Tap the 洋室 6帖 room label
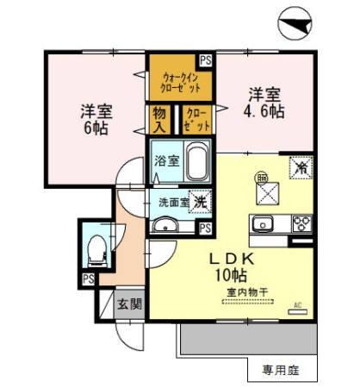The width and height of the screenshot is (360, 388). pyautogui.click(x=95, y=118)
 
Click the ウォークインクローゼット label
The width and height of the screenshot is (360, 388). pyautogui.click(x=181, y=84)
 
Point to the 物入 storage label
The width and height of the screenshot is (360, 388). pyautogui.click(x=160, y=119)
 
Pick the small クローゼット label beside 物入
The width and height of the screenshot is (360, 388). pyautogui.click(x=196, y=119)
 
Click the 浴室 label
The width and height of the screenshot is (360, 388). pyautogui.click(x=166, y=161)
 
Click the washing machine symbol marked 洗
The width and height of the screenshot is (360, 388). pyautogui.click(x=199, y=201)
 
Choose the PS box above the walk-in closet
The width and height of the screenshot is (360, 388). pyautogui.click(x=205, y=60)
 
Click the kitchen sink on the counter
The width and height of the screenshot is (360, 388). pyautogui.click(x=261, y=225)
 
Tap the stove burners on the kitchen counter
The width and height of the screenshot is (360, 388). pyautogui.click(x=301, y=224)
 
